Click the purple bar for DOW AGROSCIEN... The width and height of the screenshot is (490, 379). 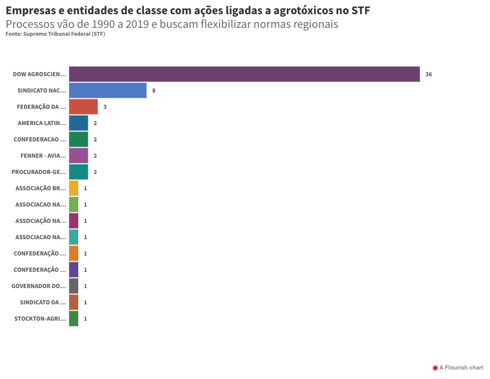click(x=244, y=74)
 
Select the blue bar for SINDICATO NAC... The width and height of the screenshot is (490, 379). click(x=108, y=90)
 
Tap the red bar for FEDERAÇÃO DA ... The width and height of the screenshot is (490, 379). click(x=84, y=107)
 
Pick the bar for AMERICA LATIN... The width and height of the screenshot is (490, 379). click(x=78, y=123)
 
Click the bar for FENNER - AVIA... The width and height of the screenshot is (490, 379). click(x=78, y=156)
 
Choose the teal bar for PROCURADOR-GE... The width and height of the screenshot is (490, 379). click(x=78, y=172)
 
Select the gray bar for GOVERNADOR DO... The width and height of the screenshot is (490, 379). click(x=74, y=286)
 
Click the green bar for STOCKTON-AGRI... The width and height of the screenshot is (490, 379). click(x=74, y=319)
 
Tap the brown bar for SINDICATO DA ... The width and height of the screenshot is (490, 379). click(x=74, y=302)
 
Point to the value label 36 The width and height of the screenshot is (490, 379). click(x=429, y=74)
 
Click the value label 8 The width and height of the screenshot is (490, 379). click(x=154, y=90)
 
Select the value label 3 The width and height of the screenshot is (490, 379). click(x=105, y=107)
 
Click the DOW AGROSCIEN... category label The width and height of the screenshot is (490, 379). click(x=39, y=74)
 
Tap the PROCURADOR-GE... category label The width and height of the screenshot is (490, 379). click(x=39, y=172)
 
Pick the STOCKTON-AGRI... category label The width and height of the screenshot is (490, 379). click(x=40, y=319)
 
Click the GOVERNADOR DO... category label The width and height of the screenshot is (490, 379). click(x=39, y=286)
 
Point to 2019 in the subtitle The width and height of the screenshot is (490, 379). click(x=137, y=24)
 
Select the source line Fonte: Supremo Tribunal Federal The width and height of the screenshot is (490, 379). click(x=55, y=34)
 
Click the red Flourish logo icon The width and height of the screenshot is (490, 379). click(x=435, y=368)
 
